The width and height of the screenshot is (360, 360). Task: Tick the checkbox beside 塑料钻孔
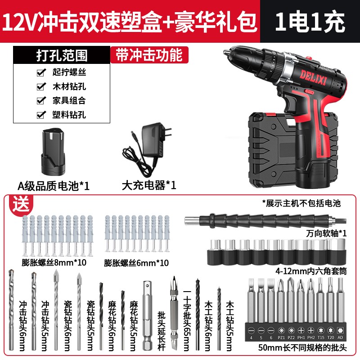pos(41,114)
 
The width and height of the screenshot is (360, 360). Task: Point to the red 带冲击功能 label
pos(149,54)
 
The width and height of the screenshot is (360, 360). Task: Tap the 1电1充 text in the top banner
pos(311,20)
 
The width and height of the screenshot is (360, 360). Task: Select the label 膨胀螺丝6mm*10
pos(136,263)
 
